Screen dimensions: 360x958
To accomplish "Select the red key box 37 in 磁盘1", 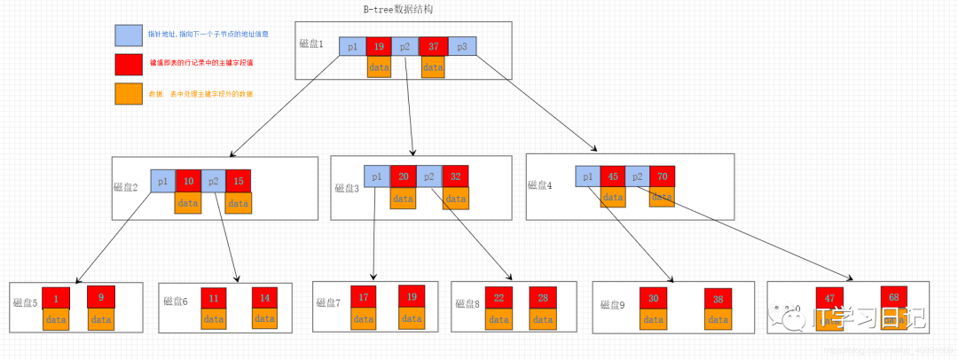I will tap(434, 47).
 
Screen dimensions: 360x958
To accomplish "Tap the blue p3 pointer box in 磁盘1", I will tap(462, 47).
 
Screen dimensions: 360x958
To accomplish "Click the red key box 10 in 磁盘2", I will tap(188, 181).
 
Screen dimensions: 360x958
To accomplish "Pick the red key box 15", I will tap(239, 181).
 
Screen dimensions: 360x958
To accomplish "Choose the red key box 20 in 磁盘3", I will tap(403, 176).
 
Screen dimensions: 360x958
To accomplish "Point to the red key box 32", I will tap(455, 176).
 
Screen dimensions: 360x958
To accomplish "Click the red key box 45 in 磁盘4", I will tap(612, 176).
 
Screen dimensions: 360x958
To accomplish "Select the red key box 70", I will tap(663, 176).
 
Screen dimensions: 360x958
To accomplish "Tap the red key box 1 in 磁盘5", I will tap(56, 298).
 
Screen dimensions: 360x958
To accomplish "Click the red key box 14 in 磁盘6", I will tap(265, 299).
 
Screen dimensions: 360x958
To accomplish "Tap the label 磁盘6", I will tap(176, 301).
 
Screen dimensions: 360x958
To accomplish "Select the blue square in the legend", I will tap(127, 35).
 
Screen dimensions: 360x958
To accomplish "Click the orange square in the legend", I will tap(127, 93).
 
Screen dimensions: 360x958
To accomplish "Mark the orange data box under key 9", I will tap(101, 319).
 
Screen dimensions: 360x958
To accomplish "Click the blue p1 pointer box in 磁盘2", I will tap(162, 181).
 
